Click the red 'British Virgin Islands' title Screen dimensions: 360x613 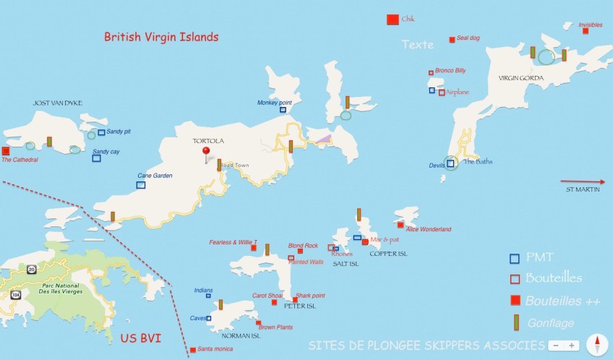(x=160, y=36)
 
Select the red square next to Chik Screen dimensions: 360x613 (x=393, y=20)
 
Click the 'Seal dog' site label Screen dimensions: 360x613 (x=468, y=38)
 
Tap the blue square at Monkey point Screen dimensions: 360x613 (x=283, y=110)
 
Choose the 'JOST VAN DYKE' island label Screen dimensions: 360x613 (x=58, y=103)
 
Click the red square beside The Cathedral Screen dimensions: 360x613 (x=6, y=151)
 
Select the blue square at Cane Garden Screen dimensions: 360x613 (x=141, y=185)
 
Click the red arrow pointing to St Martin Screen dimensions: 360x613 (x=582, y=181)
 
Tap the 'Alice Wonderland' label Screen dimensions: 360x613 (x=429, y=229)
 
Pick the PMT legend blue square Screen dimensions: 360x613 (x=514, y=258)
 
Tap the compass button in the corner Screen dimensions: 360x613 (x=597, y=345)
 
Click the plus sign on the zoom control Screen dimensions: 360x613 (x=572, y=346)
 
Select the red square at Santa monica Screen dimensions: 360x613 (x=192, y=350)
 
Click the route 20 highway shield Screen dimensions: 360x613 (x=31, y=270)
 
